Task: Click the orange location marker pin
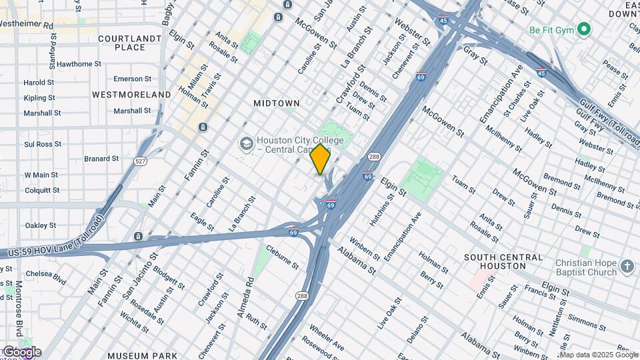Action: click(x=320, y=159)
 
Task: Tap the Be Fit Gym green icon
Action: click(x=584, y=29)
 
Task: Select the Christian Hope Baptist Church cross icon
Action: click(x=627, y=267)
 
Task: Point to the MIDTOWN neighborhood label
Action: click(x=277, y=103)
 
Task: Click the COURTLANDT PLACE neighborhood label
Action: click(x=130, y=43)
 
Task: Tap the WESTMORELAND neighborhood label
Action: click(x=131, y=95)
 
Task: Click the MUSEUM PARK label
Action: click(x=142, y=356)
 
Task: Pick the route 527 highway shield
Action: click(x=139, y=161)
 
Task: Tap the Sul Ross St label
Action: click(x=43, y=143)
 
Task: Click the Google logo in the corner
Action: click(x=21, y=352)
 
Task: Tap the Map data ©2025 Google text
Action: click(x=598, y=355)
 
